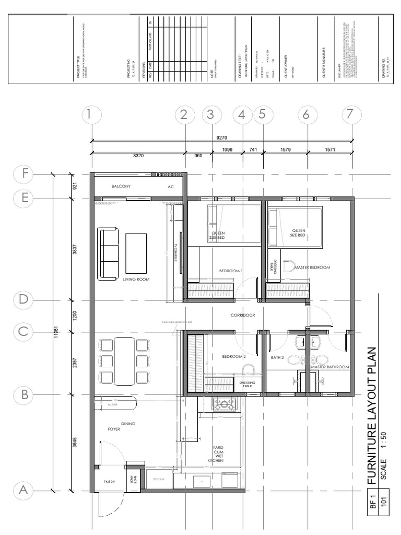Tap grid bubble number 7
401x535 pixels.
click(351, 115)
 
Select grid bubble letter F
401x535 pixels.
click(24, 174)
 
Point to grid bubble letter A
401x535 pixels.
click(24, 490)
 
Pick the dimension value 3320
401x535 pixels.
click(138, 156)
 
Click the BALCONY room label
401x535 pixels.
click(121, 186)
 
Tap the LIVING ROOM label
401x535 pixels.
click(136, 280)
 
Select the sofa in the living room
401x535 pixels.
click(109, 253)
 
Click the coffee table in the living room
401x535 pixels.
click(136, 253)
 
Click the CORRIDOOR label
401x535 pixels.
click(243, 316)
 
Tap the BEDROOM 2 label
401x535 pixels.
click(233, 356)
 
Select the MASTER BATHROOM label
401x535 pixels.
click(329, 367)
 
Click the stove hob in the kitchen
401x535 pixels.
click(225, 404)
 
